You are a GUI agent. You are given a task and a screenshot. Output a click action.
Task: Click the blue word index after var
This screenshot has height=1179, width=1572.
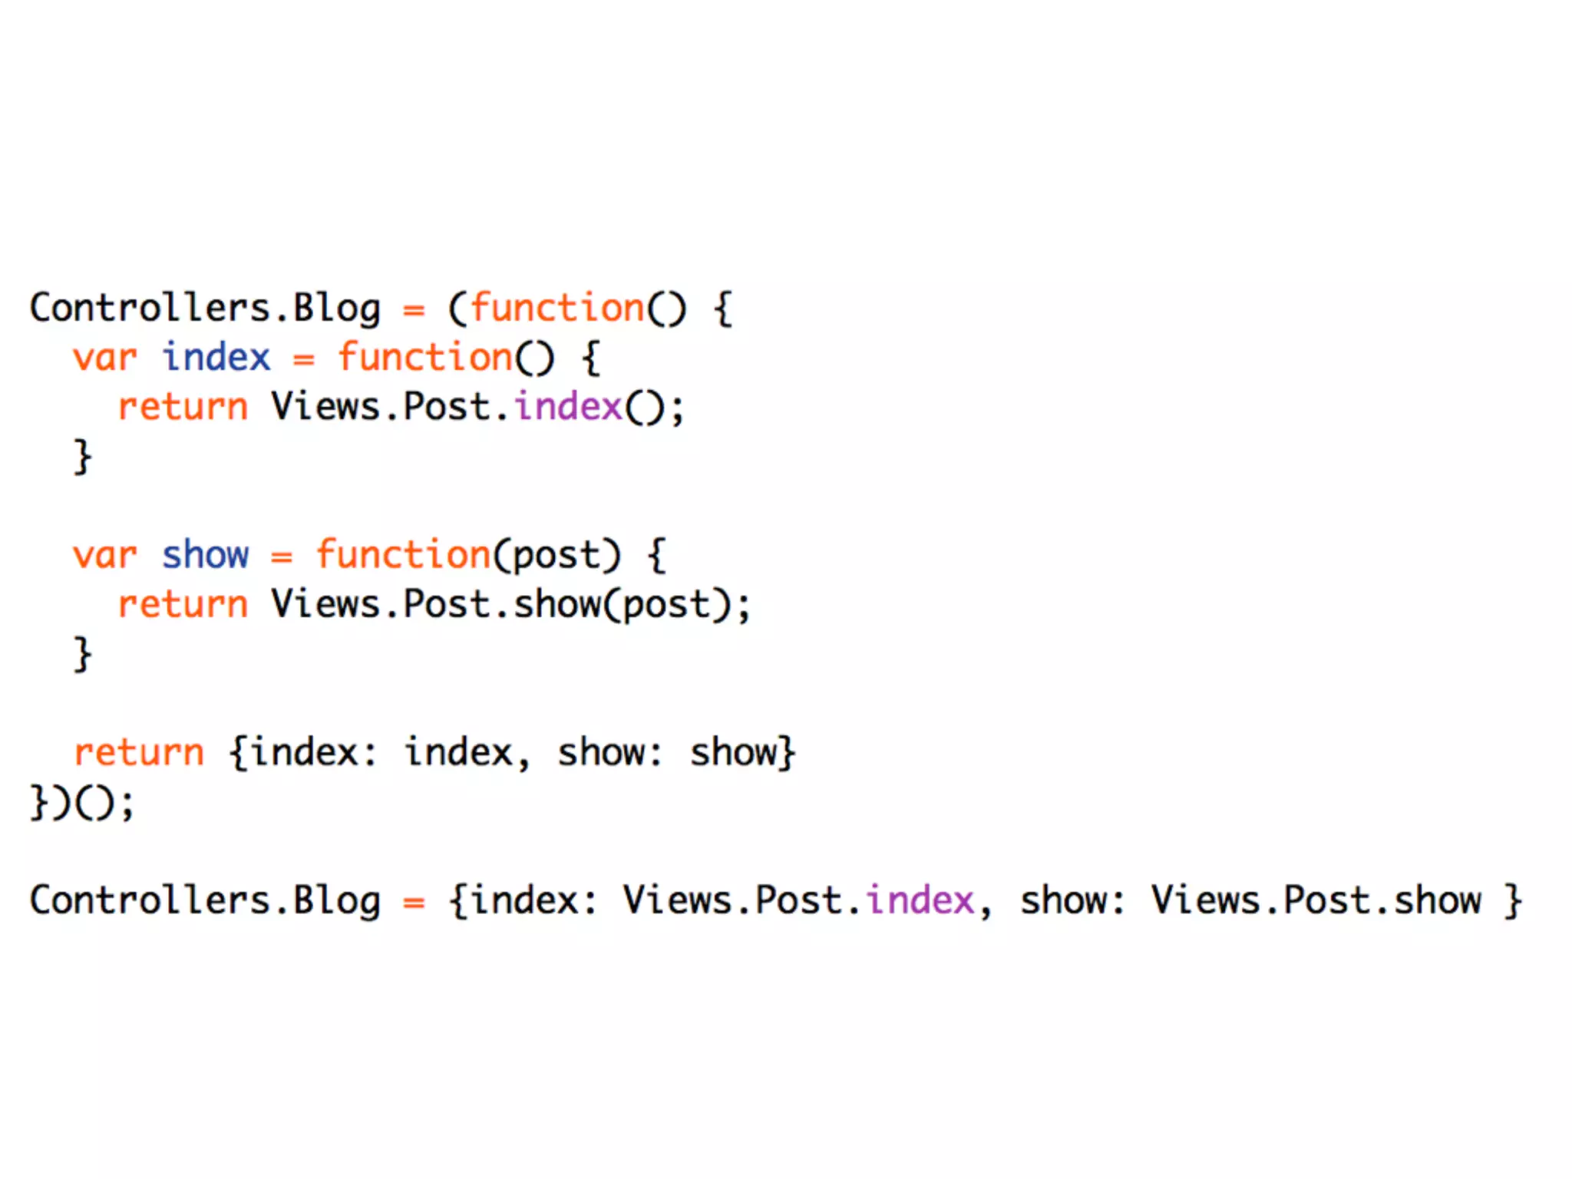tap(216, 358)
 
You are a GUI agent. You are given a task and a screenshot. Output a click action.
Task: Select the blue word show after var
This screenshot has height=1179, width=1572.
tap(205, 555)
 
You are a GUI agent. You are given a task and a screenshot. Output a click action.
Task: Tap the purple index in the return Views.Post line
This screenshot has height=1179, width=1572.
tap(568, 407)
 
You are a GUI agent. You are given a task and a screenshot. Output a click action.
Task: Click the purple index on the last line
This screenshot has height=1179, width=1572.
tap(920, 900)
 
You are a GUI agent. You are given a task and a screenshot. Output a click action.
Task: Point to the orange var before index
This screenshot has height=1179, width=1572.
tap(104, 358)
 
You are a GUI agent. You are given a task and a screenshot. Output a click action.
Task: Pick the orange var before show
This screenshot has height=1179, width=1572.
tap(104, 556)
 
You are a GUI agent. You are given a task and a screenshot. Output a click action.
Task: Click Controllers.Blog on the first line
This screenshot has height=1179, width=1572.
tap(205, 309)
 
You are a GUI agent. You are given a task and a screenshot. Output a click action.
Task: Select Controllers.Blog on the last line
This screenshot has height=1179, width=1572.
tap(205, 901)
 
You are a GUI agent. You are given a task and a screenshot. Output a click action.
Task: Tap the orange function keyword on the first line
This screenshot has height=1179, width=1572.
tap(557, 309)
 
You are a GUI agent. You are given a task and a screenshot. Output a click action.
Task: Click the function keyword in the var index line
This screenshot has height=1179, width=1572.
tap(425, 358)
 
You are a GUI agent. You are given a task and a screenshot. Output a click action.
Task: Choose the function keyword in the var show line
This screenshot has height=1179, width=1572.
tap(403, 555)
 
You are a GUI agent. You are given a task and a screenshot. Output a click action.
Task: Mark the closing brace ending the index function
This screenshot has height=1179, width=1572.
tap(83, 457)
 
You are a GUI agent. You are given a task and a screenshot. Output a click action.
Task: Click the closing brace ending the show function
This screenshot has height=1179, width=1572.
tap(83, 654)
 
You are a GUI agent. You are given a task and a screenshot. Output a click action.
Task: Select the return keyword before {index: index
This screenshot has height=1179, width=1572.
tap(139, 752)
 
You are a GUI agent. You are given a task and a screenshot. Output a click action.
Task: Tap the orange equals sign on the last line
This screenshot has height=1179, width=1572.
tap(414, 903)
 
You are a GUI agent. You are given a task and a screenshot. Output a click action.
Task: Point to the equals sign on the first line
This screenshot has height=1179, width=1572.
tap(414, 310)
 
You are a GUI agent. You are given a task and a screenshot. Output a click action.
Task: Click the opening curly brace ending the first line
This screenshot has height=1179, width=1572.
tap(723, 309)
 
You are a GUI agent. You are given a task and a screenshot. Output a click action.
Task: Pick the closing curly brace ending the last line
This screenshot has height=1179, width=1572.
tap(1513, 901)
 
